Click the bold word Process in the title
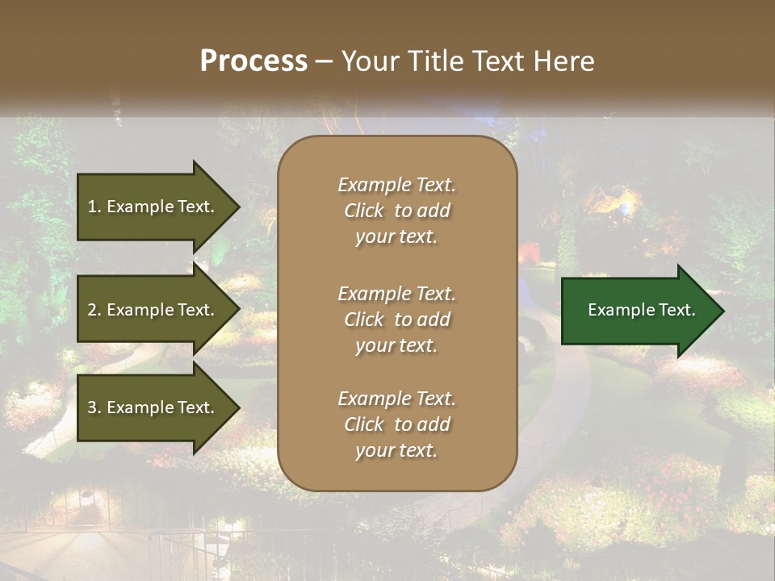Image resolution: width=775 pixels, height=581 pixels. (253, 61)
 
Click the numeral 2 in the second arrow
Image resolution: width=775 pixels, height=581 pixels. (92, 310)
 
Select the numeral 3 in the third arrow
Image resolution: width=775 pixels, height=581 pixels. (92, 408)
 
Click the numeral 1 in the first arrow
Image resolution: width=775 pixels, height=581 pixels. (92, 207)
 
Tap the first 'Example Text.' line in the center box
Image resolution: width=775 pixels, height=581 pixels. (396, 185)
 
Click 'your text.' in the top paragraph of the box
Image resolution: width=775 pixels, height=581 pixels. (396, 237)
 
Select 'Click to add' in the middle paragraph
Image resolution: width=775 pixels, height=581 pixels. (396, 320)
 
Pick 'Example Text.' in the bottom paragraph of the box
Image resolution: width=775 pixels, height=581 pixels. (396, 399)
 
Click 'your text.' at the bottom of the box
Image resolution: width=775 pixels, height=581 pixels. (396, 451)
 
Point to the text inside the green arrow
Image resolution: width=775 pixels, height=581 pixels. (641, 310)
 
